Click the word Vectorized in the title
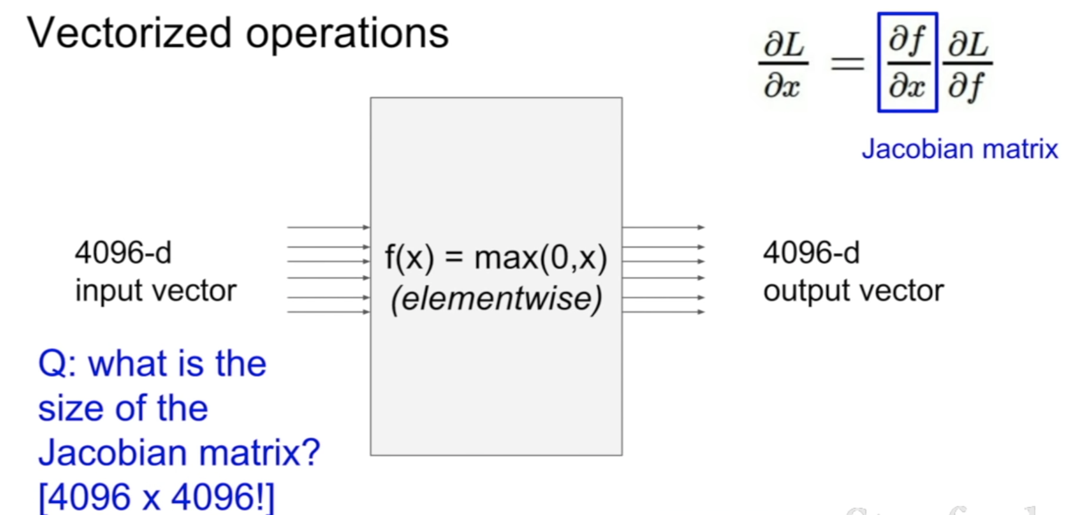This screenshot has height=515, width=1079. [x=129, y=33]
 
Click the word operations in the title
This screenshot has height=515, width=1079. [x=347, y=34]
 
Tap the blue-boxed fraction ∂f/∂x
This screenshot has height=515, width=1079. [x=907, y=62]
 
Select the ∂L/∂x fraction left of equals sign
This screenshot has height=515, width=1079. [x=783, y=63]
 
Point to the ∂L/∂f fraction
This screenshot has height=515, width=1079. [x=968, y=63]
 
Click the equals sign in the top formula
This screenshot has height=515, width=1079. [x=847, y=62]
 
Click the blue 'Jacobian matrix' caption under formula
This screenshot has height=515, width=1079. [x=959, y=149]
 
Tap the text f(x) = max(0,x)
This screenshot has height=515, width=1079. [x=496, y=258]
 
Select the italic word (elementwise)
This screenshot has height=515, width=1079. [x=496, y=298]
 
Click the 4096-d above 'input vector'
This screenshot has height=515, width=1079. [x=123, y=253]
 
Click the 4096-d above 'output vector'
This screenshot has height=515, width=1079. [x=810, y=253]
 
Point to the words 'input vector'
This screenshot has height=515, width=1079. [x=155, y=291]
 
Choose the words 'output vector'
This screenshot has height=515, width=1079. [x=853, y=291]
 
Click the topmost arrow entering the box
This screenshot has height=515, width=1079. [x=328, y=227]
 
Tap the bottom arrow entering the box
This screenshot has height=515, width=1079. [x=328, y=312]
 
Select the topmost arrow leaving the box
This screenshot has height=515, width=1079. [x=663, y=227]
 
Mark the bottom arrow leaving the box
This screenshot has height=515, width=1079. [x=663, y=312]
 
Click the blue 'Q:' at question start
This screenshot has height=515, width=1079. [x=57, y=364]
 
